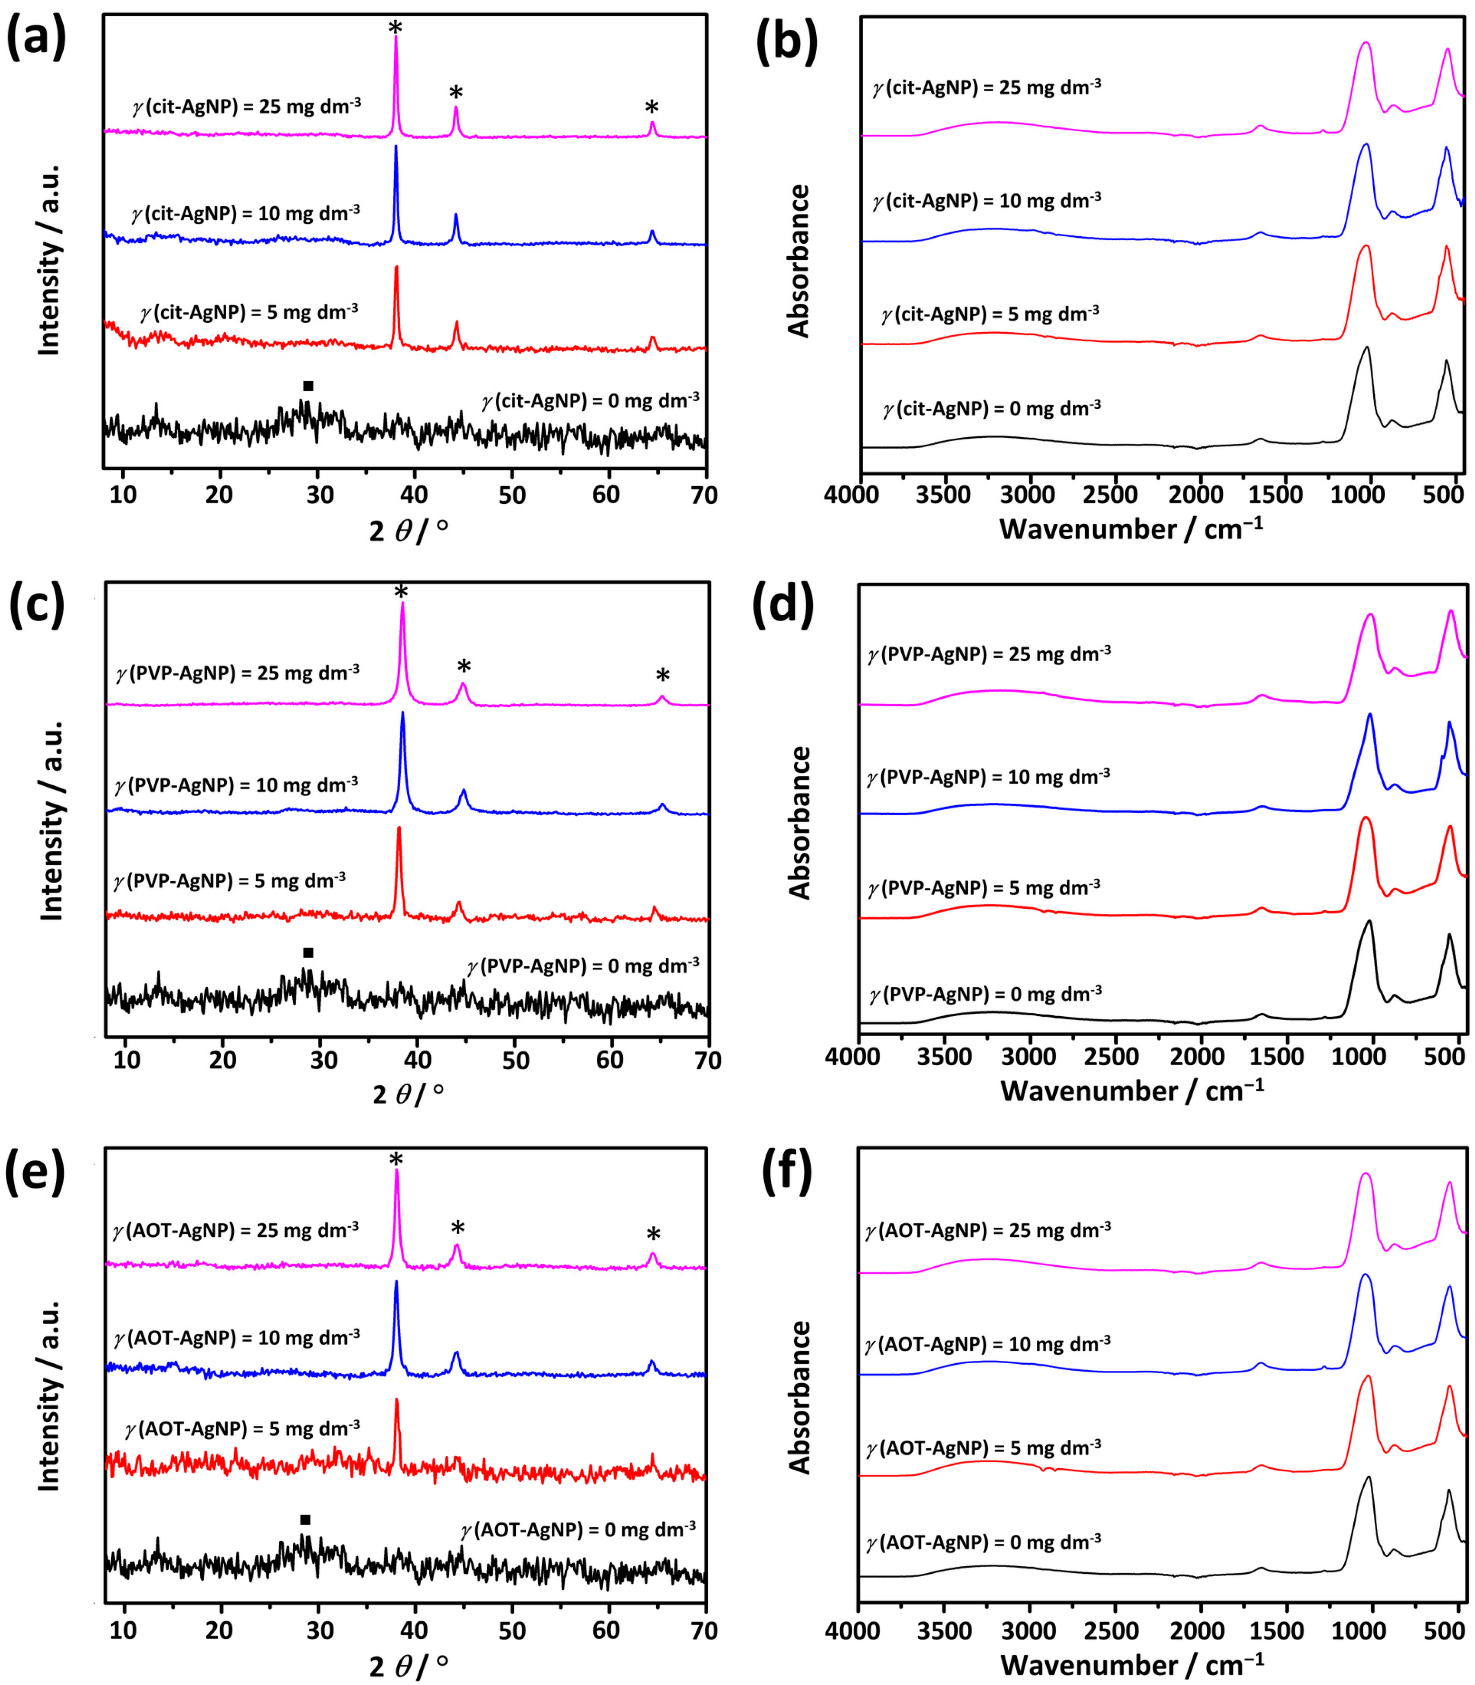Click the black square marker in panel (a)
pos(308,386)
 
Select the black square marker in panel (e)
pos(305,1520)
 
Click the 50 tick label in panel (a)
pos(512,495)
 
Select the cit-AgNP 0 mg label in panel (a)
pos(590,401)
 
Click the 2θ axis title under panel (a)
pos(408,531)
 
